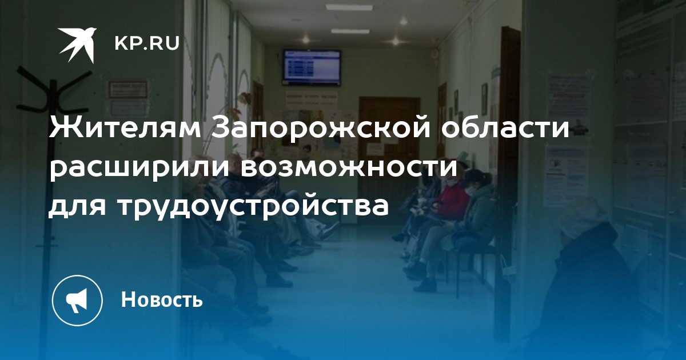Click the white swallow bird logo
(77, 45)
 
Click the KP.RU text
(147, 43)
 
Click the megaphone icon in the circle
(77, 301)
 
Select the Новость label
(162, 299)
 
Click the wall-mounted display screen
(312, 68)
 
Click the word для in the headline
(78, 207)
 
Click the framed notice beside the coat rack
(128, 90)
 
